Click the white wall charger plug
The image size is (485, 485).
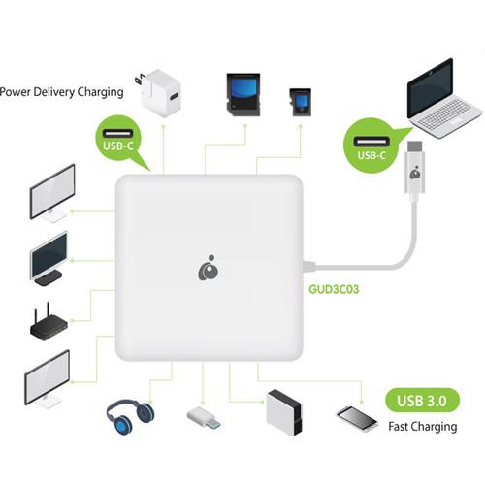162,94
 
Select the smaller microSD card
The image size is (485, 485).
299,100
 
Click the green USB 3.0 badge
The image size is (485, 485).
424,401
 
